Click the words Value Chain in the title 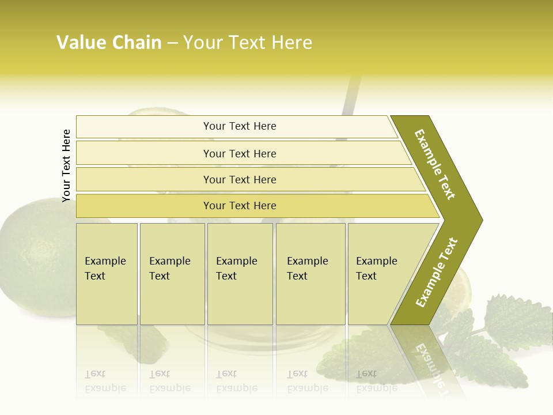109,43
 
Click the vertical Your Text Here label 66,166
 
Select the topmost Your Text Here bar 239,126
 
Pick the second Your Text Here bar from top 239,153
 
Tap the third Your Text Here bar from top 239,179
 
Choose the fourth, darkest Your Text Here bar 239,206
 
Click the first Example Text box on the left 107,273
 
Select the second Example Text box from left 172,273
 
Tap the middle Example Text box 240,273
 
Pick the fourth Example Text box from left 310,273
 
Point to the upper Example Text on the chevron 435,164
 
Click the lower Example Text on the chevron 437,273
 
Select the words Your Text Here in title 248,43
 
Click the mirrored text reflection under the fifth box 376,382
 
